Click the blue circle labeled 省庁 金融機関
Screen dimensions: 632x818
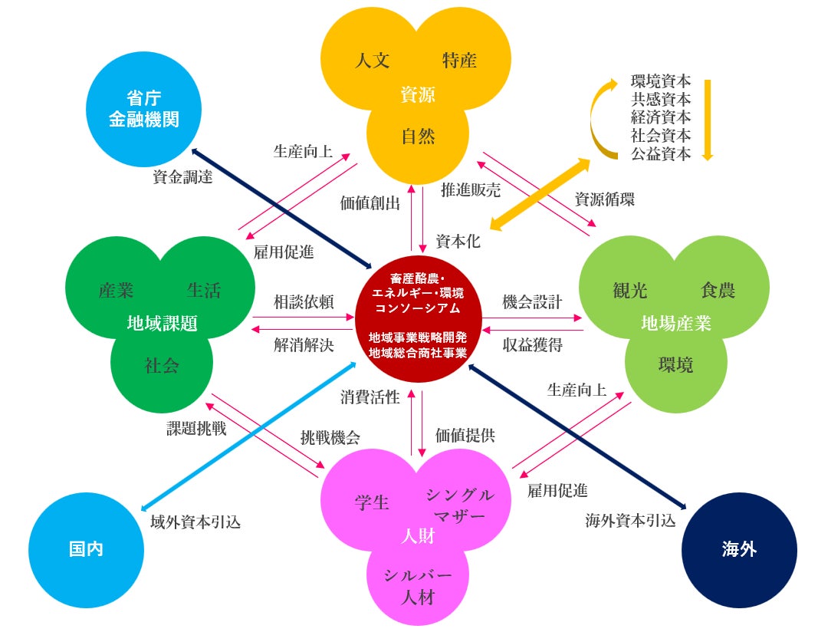coord(143,110)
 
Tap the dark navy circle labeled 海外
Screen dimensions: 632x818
coord(739,550)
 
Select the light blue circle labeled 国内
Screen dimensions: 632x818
coord(86,550)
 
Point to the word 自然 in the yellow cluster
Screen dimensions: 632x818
coord(418,137)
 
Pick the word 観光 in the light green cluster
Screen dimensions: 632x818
coord(630,290)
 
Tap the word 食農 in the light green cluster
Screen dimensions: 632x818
coord(718,290)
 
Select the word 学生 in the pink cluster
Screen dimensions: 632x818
coord(372,503)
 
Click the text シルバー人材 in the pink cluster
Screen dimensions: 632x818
coord(418,586)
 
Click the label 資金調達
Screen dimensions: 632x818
coord(182,177)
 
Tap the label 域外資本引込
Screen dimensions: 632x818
coord(196,522)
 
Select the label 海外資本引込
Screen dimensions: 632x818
coord(630,522)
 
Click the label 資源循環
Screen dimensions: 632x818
coord(604,199)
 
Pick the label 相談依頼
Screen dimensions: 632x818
coord(304,301)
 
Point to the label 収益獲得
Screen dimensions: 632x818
coord(532,345)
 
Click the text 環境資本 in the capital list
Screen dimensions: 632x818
coord(661,81)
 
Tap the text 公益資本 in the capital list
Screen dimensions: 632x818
coord(661,153)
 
